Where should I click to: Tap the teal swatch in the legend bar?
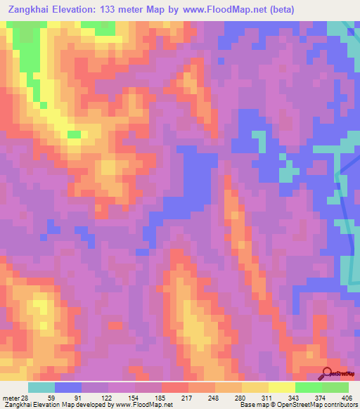pos(41,388)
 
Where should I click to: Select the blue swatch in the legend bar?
pos(68,388)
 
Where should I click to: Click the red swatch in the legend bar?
pos(175,388)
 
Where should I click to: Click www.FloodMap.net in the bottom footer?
pos(145,404)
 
